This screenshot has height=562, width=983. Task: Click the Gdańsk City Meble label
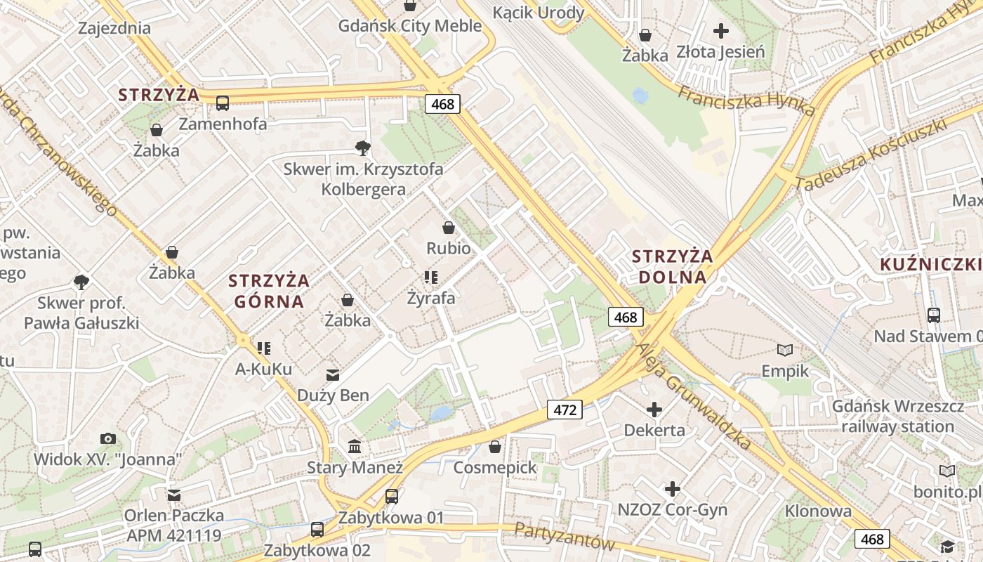point(410,26)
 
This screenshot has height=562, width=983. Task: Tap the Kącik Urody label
point(539,13)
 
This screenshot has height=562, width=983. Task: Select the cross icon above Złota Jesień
point(721,31)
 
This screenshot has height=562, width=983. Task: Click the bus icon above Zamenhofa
point(223,103)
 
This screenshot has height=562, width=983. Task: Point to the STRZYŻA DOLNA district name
point(672,266)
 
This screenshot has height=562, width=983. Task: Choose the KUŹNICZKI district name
point(930,264)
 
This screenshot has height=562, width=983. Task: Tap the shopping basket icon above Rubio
point(449,228)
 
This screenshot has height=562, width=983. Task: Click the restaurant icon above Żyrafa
point(431,277)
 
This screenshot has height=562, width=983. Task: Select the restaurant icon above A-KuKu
point(264,348)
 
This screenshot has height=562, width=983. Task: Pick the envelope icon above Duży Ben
point(332,375)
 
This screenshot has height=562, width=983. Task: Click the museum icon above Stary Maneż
point(355,447)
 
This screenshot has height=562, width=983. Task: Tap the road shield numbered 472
point(565,410)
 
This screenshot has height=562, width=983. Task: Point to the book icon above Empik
point(785,350)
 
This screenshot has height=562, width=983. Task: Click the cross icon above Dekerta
point(654,410)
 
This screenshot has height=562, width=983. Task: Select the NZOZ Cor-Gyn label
point(672,509)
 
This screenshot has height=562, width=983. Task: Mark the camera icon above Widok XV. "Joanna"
point(108,439)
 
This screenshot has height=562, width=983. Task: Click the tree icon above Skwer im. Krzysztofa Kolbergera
point(363,148)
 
